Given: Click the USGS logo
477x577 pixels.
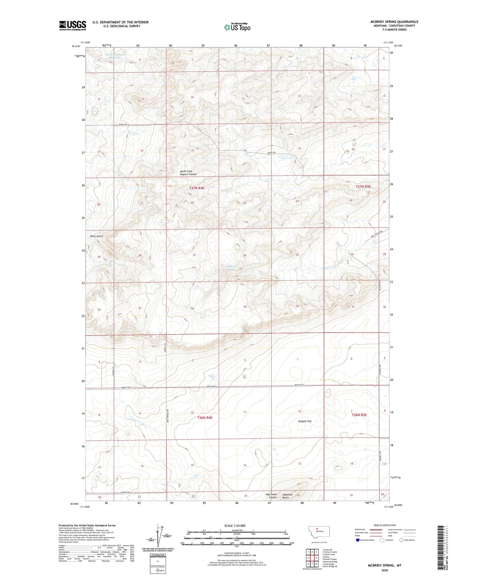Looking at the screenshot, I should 73,25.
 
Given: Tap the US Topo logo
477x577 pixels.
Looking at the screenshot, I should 237,27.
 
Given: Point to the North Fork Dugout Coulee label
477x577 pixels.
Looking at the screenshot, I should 189,173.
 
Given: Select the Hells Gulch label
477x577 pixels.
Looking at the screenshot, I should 96,236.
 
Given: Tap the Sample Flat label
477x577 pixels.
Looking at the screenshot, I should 305,421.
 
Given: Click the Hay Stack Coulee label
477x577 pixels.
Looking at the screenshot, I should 271,496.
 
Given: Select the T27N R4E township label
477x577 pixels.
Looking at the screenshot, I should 197,188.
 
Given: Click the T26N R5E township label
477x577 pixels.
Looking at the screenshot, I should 359,415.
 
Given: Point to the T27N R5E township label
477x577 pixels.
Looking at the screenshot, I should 363,186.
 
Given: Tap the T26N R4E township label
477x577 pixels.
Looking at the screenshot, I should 204,417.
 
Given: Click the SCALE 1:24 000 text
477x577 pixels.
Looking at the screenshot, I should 235,525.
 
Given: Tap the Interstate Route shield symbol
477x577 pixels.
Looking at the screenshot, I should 358,540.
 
